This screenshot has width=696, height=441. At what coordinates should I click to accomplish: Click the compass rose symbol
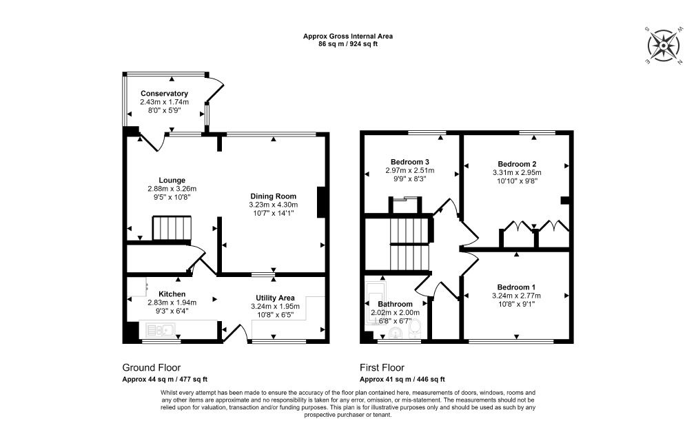point(663,45)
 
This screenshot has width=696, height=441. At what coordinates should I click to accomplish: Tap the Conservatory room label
point(164,94)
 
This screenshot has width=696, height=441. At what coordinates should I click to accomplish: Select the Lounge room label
point(172,180)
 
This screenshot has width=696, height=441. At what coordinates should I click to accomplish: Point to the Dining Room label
point(273,196)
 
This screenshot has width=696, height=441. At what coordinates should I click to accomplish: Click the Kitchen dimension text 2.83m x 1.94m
point(172,302)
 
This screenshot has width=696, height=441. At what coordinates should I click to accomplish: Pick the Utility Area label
point(275,298)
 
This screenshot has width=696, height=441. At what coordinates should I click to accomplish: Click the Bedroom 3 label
point(410,162)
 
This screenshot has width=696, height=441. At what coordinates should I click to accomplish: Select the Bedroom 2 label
point(517,164)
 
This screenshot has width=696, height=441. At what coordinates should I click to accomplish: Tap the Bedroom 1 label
point(516,287)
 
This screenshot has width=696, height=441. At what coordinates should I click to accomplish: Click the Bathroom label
point(395,304)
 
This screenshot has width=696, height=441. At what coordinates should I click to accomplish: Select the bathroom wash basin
point(395,332)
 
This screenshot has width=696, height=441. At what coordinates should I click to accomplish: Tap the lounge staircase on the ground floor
point(172,229)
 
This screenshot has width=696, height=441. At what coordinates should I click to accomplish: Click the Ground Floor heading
point(152,368)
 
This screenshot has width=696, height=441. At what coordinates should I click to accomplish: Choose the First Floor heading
point(382,368)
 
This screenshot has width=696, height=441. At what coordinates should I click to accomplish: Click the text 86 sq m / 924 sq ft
point(348,44)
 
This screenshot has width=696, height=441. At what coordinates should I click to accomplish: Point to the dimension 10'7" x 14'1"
point(274,213)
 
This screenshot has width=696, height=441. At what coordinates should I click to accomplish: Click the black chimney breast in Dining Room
point(321,203)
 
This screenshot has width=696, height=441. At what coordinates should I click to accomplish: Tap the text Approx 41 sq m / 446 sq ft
point(402,380)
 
